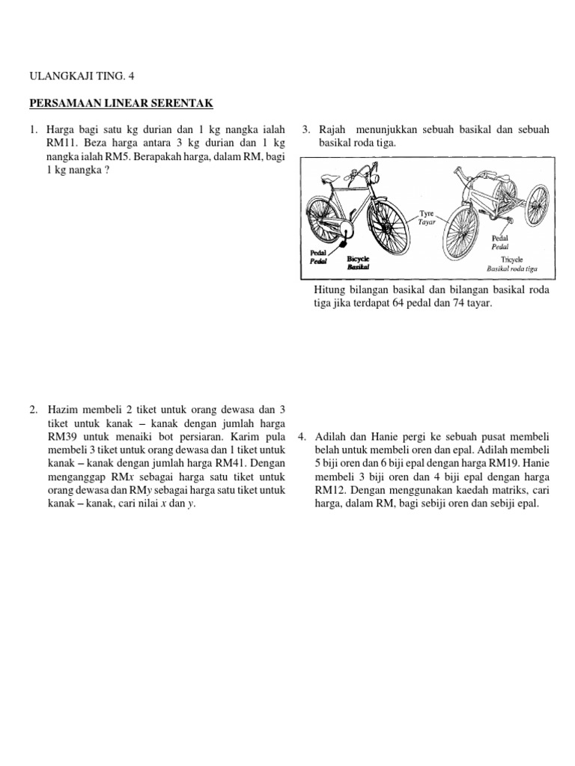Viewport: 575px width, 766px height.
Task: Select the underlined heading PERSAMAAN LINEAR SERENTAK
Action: pos(121,102)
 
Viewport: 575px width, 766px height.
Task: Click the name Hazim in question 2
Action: pos(64,410)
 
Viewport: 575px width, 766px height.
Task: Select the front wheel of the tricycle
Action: pos(465,228)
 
